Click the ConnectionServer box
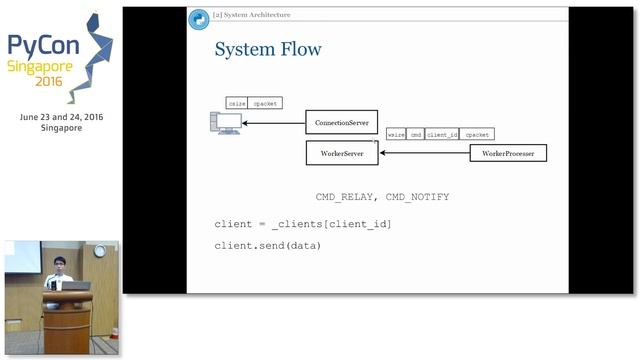341,122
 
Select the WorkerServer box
341,154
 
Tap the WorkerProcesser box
508,154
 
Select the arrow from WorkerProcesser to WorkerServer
425,154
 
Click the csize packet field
237,103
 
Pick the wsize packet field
396,134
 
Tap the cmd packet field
415,134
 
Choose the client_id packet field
441,134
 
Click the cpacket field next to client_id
477,134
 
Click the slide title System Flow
268,49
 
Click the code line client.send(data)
267,246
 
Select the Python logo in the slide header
198,16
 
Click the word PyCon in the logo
38,45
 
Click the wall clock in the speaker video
99,251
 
